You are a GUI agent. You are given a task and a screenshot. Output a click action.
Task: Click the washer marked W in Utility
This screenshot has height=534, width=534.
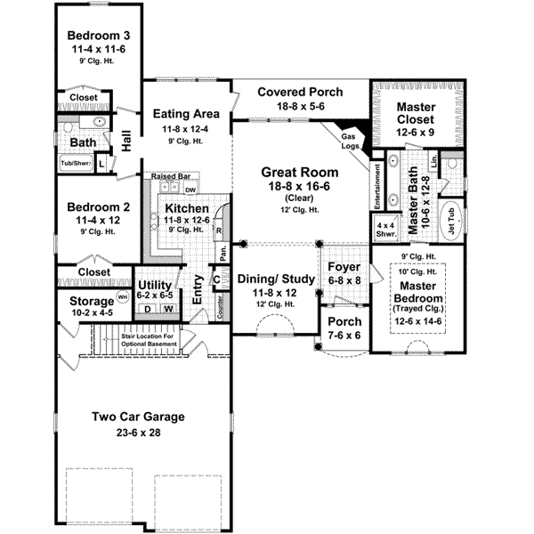click(x=167, y=309)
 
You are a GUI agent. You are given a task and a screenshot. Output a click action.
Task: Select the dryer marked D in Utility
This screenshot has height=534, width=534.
click(x=147, y=309)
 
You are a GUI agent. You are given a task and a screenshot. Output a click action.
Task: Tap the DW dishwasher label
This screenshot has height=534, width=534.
click(x=190, y=190)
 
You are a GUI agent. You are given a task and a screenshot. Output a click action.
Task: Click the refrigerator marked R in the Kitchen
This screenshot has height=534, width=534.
click(x=218, y=229)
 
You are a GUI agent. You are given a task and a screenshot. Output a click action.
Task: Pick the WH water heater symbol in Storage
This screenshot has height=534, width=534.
click(x=123, y=295)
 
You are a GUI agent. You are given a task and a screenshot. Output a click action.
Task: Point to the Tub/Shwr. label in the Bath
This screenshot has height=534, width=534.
click(x=75, y=164)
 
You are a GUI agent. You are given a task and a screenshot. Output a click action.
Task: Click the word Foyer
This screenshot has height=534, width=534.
click(x=343, y=266)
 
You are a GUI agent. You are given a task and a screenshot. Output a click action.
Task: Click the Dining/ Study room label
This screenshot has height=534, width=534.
click(x=276, y=279)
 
